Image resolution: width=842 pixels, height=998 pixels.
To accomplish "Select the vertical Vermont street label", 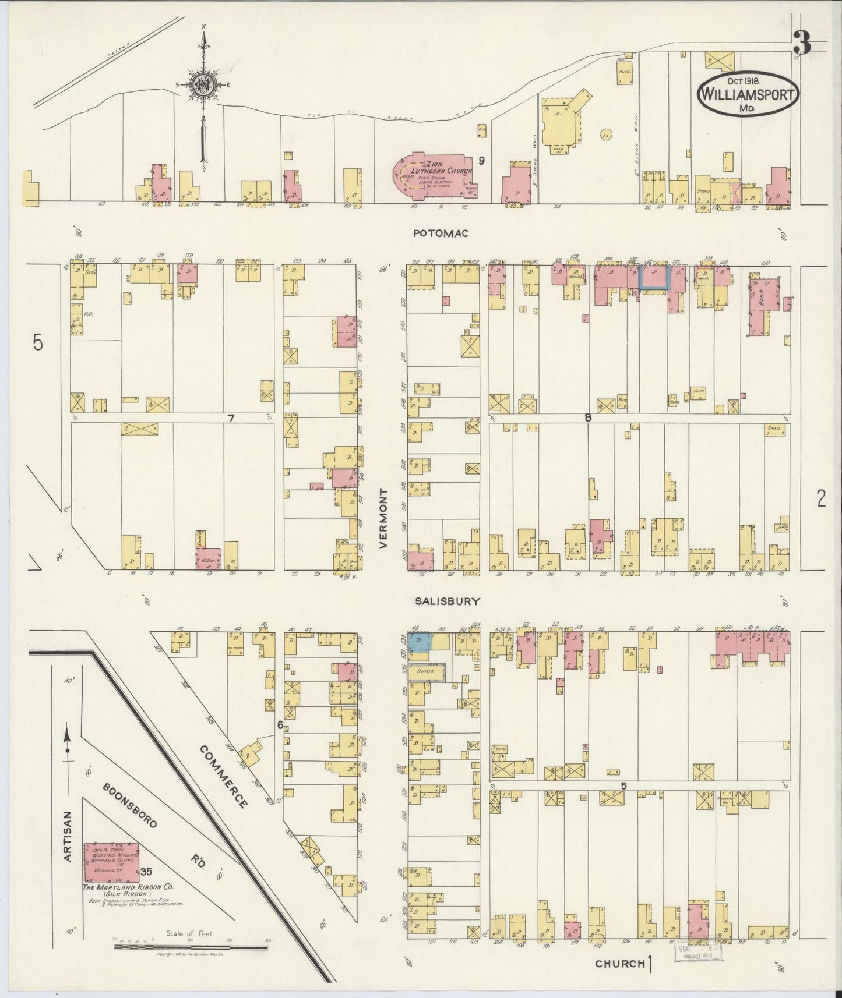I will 383,518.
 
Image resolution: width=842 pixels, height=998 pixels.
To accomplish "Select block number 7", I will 231,417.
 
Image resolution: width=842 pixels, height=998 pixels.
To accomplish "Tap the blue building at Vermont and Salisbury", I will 418,642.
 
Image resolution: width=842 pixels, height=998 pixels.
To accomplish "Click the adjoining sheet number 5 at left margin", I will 38,344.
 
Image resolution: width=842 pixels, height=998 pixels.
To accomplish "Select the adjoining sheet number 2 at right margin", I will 821,499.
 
